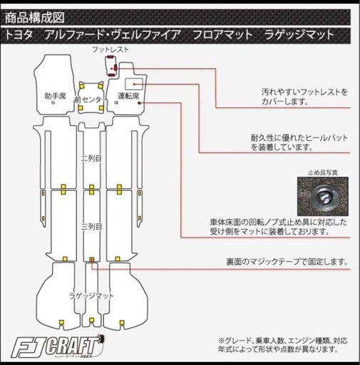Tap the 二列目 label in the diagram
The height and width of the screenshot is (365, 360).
point(92,158)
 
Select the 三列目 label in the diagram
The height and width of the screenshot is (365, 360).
point(92,226)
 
